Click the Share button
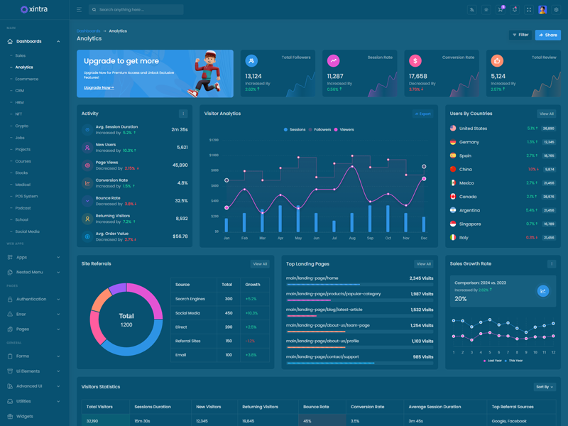(x=547, y=35)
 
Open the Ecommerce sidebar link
(x=27, y=79)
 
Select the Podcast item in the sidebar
(x=23, y=208)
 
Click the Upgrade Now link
(x=99, y=87)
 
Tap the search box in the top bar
(x=136, y=10)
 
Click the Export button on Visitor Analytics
(x=423, y=114)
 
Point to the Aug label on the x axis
(x=352, y=238)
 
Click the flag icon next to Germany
(x=453, y=142)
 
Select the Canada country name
(x=468, y=197)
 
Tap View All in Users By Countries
(x=546, y=114)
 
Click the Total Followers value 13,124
(x=253, y=76)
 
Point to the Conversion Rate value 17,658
(x=418, y=76)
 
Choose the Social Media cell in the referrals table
(x=187, y=313)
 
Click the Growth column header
(x=253, y=284)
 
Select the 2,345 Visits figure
(x=421, y=278)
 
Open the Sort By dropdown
(x=545, y=387)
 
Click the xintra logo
(x=34, y=9)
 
